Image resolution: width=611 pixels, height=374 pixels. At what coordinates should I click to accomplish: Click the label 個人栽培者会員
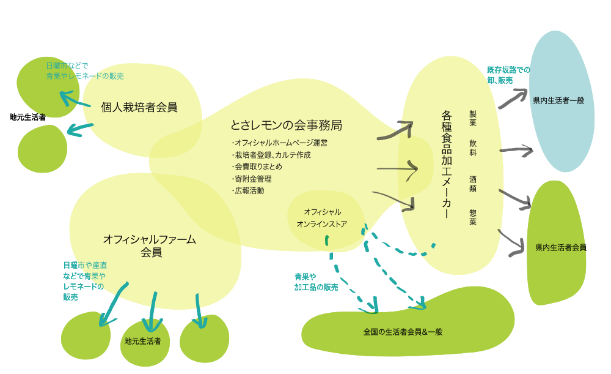(x=139, y=108)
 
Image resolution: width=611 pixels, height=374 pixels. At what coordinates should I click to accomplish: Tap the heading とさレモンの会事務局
(x=286, y=125)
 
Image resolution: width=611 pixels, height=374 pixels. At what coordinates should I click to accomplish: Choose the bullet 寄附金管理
(x=252, y=179)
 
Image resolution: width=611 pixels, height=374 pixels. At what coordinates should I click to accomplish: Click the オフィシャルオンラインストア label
(x=321, y=218)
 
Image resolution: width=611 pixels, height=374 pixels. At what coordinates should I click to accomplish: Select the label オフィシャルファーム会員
(x=150, y=245)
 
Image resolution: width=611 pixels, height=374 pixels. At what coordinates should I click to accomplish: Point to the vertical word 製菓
(x=473, y=118)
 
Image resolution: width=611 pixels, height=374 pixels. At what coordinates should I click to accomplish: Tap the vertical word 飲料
(x=473, y=147)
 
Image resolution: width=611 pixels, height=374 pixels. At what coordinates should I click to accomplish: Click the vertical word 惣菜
(x=473, y=217)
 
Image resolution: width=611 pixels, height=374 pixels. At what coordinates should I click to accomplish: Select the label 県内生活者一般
(x=558, y=100)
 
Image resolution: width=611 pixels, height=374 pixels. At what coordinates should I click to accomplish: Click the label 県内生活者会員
(x=560, y=247)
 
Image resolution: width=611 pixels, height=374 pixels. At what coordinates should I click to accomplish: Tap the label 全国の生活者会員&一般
(x=403, y=332)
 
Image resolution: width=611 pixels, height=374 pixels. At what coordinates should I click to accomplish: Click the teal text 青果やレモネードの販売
(x=85, y=77)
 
